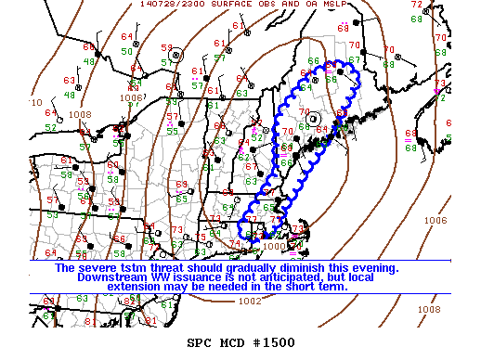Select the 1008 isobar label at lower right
pyautogui.click(x=428, y=309)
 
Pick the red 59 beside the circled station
pyautogui.click(x=166, y=47)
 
